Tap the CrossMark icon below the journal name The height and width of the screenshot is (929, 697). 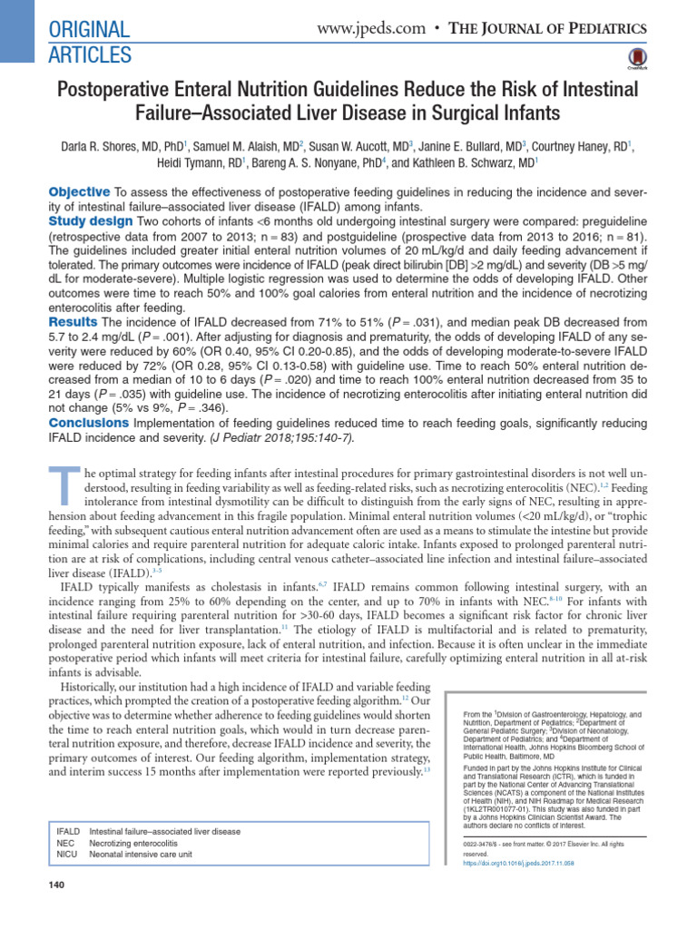pyautogui.click(x=634, y=61)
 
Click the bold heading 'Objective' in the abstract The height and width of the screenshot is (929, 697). pyautogui.click(x=78, y=191)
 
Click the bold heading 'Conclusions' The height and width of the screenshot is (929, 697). pyautogui.click(x=89, y=424)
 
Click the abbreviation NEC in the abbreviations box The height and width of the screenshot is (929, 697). pyautogui.click(x=67, y=843)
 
